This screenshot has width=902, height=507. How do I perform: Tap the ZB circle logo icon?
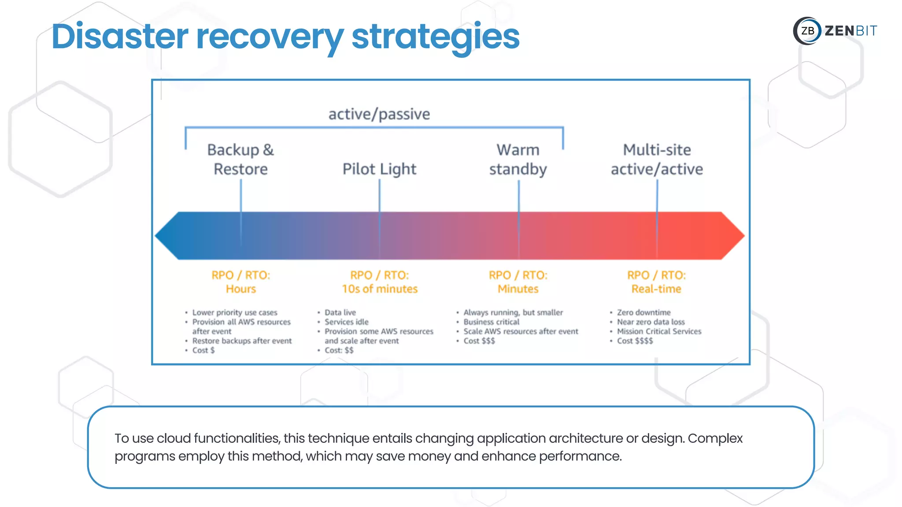(807, 31)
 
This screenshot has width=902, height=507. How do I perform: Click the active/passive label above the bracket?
(379, 114)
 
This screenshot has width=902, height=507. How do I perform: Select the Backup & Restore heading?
(240, 159)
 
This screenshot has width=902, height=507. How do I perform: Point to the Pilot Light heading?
(379, 169)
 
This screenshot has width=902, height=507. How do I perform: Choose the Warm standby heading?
(518, 159)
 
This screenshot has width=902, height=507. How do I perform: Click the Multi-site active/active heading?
(657, 159)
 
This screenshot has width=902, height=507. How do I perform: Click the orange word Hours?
(240, 289)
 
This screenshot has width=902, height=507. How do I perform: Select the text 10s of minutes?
(380, 289)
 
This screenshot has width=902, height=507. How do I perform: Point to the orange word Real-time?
(656, 289)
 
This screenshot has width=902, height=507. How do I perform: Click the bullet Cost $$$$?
(635, 341)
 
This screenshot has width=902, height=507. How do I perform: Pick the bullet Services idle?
(347, 322)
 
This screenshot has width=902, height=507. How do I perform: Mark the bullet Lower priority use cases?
(235, 312)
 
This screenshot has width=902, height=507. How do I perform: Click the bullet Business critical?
(491, 322)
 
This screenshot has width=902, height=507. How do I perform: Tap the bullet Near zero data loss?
(651, 322)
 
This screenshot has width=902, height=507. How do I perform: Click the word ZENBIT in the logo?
(850, 31)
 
